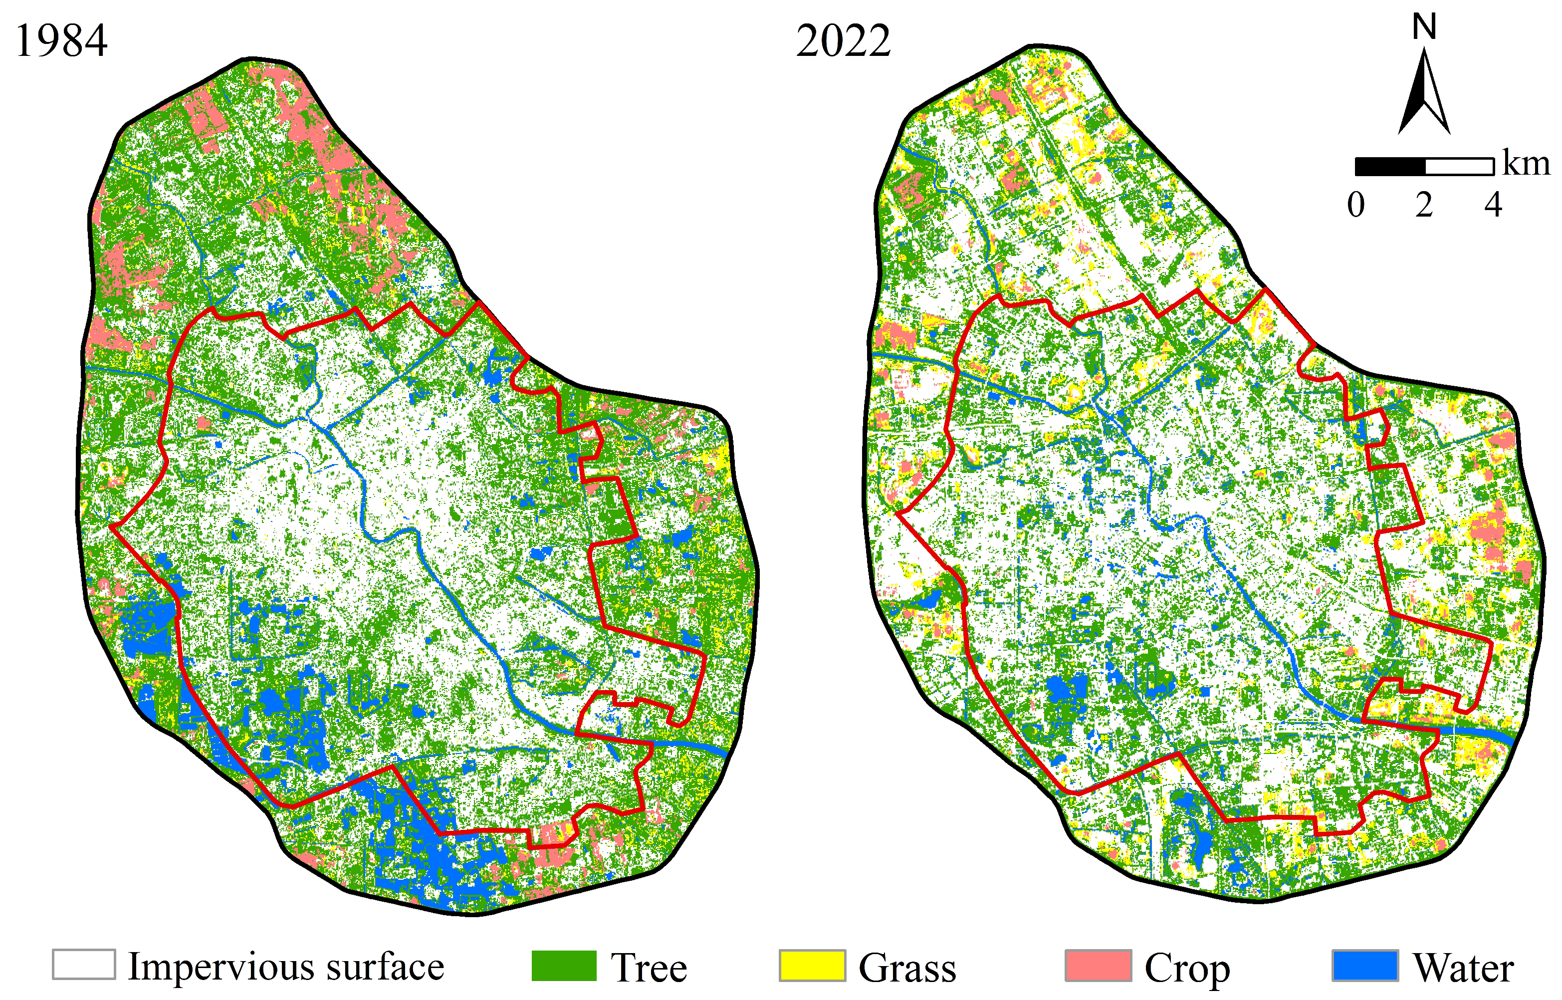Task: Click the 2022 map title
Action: tap(843, 41)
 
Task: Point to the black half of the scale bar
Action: tap(1389, 167)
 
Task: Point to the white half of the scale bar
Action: tap(1459, 167)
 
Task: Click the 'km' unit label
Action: tap(1526, 164)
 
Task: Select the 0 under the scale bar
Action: tap(1355, 205)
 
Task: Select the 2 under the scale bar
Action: tap(1424, 205)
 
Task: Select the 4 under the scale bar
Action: tap(1493, 205)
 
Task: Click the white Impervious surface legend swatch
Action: tap(84, 965)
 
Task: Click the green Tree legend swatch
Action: tap(564, 966)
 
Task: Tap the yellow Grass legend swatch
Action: tap(812, 966)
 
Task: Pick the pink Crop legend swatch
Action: tap(1099, 966)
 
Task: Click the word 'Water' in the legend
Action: tap(1463, 968)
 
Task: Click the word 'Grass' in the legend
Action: tap(907, 968)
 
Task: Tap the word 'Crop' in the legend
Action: tap(1187, 968)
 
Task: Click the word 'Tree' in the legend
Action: tap(649, 968)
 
